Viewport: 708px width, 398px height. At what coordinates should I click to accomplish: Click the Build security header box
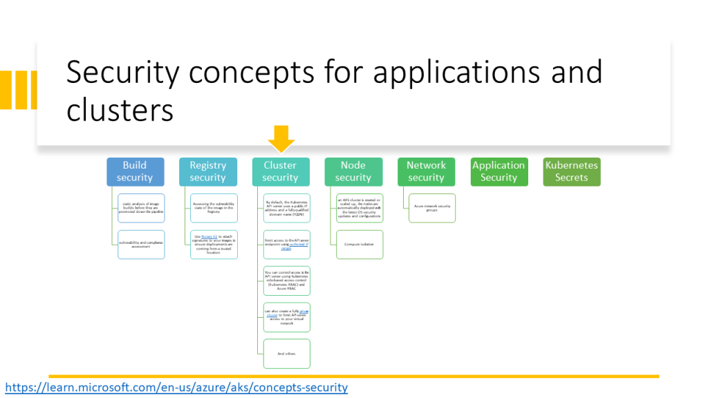136,171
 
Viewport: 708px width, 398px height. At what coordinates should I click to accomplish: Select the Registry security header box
207,171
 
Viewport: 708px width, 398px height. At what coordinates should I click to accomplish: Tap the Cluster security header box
280,171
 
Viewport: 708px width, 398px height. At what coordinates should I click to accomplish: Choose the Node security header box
353,171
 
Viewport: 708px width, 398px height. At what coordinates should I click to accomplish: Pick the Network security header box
426,171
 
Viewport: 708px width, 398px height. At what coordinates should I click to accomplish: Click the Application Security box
499,171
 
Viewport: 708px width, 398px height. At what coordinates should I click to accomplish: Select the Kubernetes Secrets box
571,171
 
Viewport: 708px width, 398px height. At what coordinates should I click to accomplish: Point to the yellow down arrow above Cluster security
281,138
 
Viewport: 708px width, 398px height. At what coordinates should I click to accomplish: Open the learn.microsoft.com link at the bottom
176,387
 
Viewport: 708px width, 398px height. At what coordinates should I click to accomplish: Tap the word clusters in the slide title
119,110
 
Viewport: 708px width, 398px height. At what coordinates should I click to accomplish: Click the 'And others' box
286,354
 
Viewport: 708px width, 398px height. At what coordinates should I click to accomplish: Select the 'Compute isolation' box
360,245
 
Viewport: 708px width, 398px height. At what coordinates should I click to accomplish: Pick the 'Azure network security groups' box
432,208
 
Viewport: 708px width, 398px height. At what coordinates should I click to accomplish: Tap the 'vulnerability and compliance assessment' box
141,245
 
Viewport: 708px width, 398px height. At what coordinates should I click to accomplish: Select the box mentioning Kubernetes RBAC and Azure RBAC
286,281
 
